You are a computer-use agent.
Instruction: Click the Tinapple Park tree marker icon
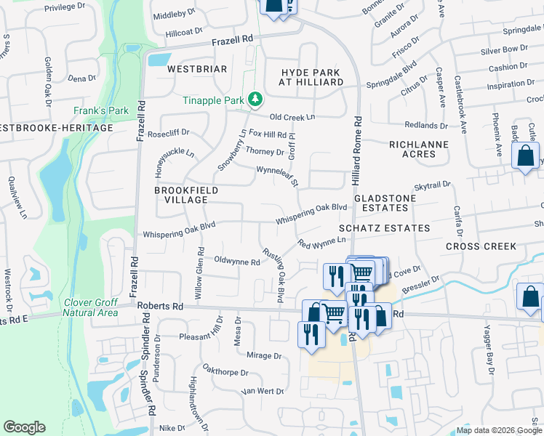[x=255, y=98]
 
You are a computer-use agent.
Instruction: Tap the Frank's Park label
[x=100, y=111]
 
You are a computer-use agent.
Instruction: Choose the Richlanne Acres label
[x=419, y=150]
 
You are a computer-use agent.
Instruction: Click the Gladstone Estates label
[x=385, y=203]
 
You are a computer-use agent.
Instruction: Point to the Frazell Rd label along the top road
[x=233, y=39]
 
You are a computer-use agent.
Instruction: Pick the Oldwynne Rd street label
[x=237, y=261]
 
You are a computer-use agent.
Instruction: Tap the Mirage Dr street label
[x=263, y=356]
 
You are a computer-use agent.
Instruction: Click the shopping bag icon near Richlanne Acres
[x=525, y=156]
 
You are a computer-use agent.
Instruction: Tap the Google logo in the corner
[x=24, y=427]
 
